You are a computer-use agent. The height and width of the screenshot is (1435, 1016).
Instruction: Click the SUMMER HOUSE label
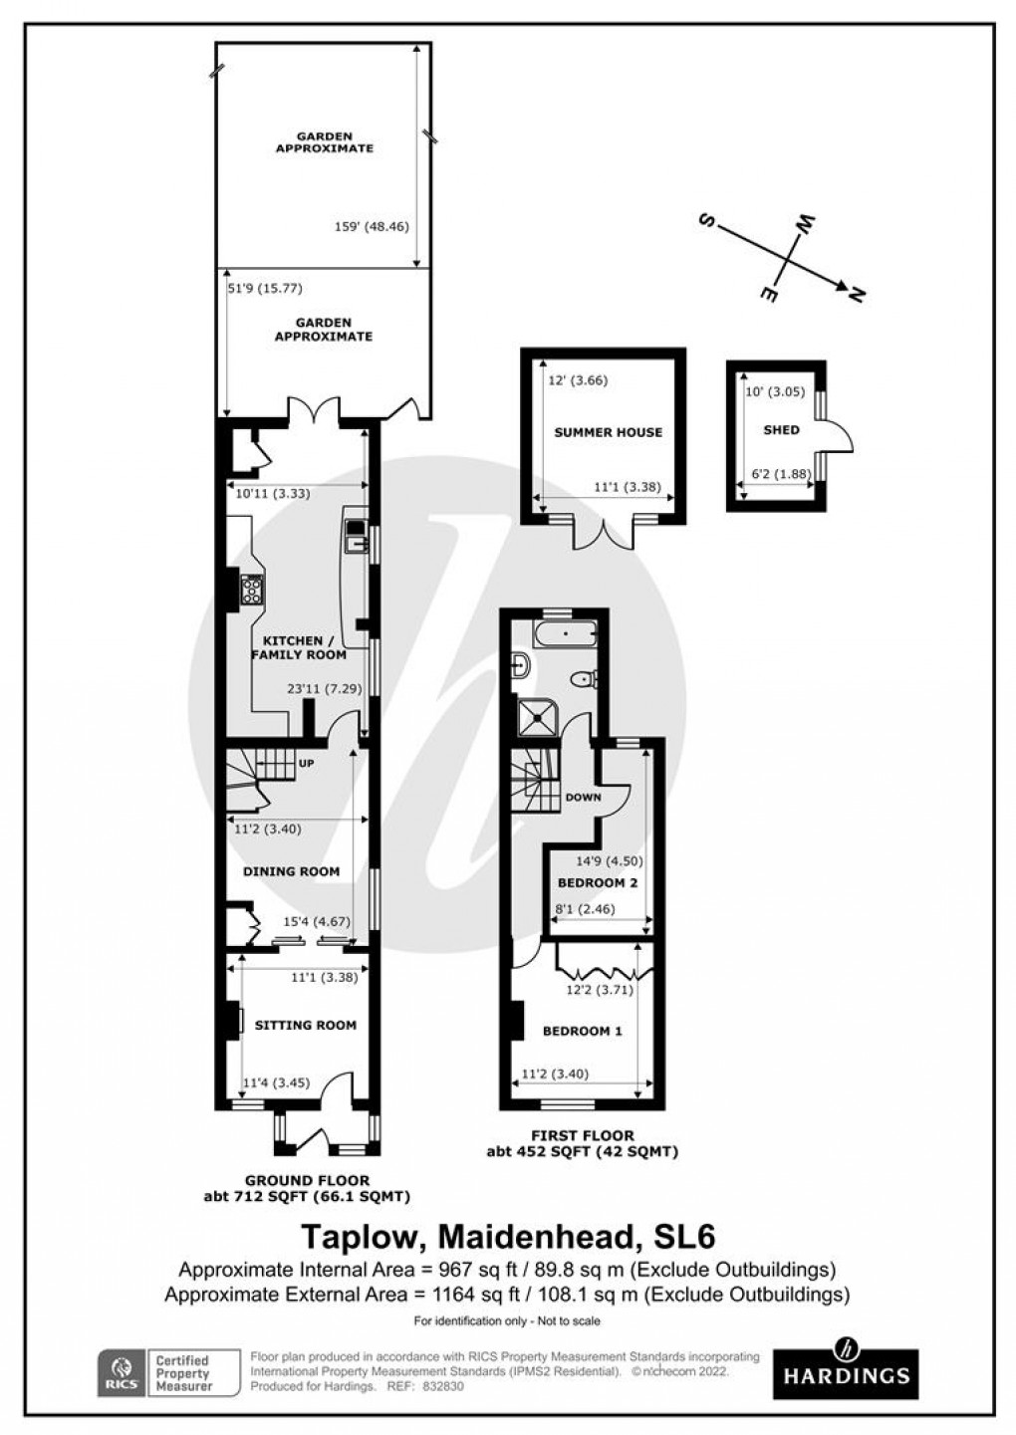point(608,432)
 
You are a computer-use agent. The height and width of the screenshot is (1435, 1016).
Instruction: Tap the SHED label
point(781,430)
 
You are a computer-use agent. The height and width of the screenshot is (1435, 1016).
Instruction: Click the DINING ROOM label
point(291,871)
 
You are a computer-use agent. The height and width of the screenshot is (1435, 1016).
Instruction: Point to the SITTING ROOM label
point(305,1025)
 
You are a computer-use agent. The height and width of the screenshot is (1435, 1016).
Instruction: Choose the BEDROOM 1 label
point(582,1031)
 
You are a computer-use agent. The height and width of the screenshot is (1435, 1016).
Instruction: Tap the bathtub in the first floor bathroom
point(564,633)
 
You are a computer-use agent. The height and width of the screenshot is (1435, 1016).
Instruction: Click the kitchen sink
point(355,536)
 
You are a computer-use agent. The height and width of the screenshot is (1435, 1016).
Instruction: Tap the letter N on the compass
point(854,292)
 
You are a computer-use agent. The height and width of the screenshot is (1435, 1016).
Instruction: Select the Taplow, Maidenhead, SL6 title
point(508,1236)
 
